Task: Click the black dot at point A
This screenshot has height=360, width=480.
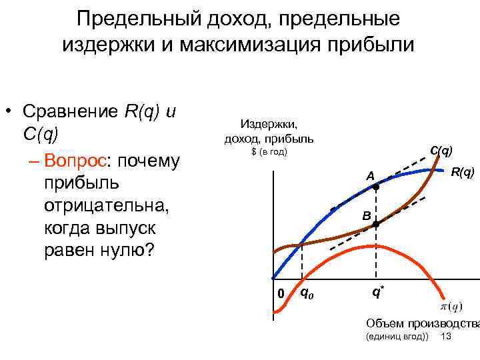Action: coord(375,188)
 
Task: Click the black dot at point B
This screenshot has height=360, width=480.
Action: coord(375,225)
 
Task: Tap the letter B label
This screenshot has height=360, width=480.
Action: coord(366,215)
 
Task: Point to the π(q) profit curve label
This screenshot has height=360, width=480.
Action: coord(451,307)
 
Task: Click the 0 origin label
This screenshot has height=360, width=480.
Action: coord(281,294)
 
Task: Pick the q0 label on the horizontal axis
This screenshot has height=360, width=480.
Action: coord(307,292)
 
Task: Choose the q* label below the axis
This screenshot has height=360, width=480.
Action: coord(377,291)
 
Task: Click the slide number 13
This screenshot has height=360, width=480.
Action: coord(446,337)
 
